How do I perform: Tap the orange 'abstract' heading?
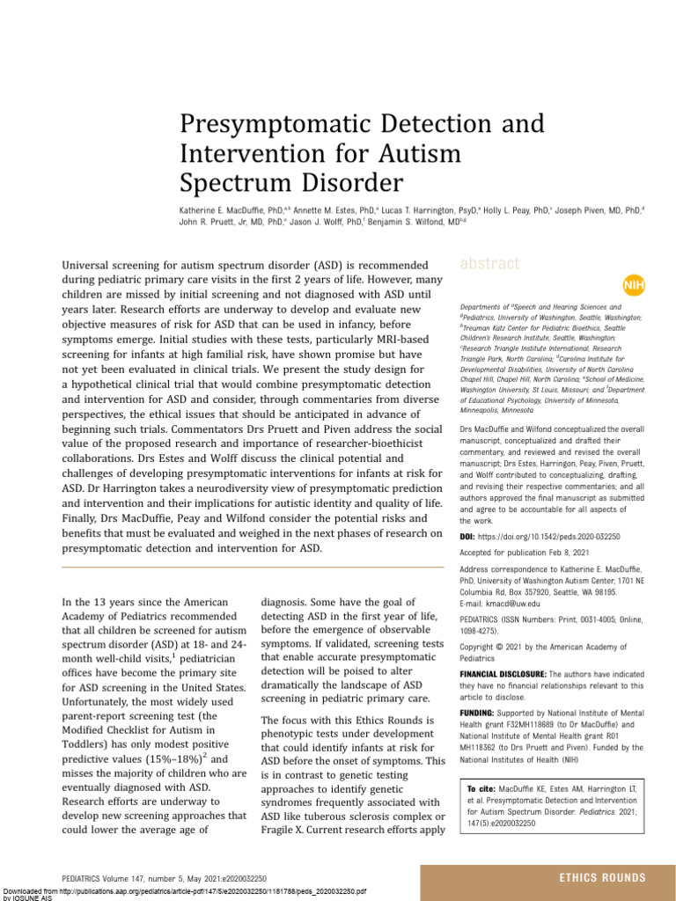[x=490, y=263]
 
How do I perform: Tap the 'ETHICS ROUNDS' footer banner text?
[x=602, y=877]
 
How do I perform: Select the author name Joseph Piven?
[x=586, y=211]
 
